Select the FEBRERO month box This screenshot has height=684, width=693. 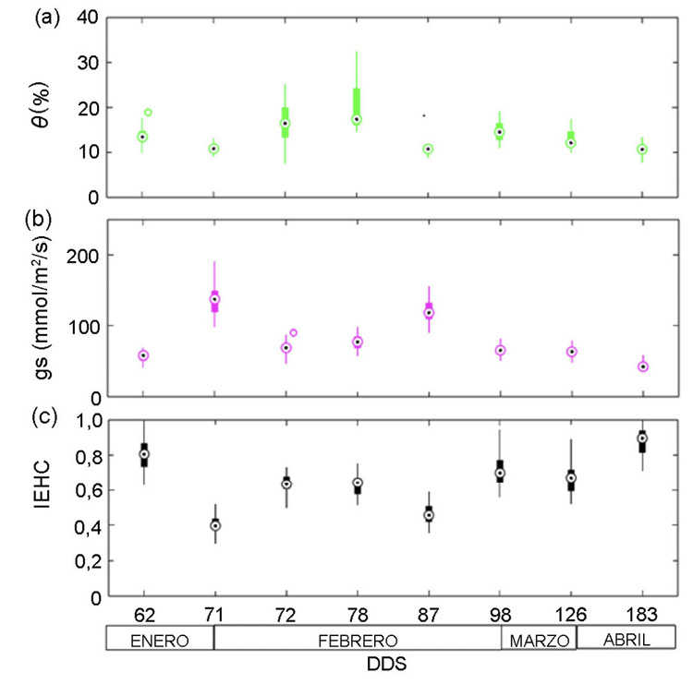(x=357, y=640)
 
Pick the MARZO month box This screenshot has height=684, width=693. (x=539, y=640)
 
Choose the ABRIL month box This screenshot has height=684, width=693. (x=626, y=640)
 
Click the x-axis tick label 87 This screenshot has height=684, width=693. (x=428, y=613)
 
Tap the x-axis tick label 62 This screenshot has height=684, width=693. (x=143, y=613)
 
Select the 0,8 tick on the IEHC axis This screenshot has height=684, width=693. (x=84, y=455)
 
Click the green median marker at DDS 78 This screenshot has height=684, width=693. (x=357, y=120)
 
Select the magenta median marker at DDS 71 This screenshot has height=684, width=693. (x=215, y=299)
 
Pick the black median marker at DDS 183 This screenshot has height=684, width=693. (x=642, y=438)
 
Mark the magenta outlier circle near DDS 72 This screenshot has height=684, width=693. (x=294, y=333)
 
